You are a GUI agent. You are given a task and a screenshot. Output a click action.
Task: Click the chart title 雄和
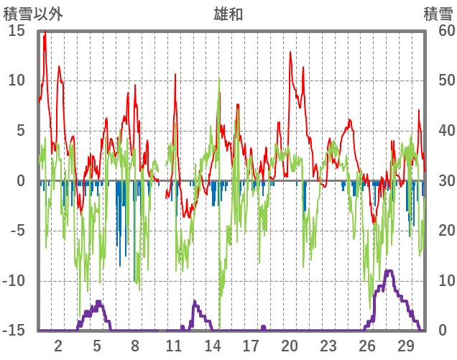(228, 12)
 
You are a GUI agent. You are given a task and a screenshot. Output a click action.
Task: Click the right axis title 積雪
(437, 12)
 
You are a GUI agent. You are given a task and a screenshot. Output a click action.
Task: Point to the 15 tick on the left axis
(17, 31)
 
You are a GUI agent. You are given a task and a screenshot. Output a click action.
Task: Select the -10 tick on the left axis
(14, 281)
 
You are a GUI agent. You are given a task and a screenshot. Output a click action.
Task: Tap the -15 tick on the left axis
(14, 331)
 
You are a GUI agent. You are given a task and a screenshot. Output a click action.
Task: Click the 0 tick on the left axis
(20, 181)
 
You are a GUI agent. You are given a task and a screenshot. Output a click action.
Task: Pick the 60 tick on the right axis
(437, 31)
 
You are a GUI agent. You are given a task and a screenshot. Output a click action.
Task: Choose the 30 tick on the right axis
(437, 181)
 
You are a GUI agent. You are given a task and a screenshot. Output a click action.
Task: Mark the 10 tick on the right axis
(437, 281)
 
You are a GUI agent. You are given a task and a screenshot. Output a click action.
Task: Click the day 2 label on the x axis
(58, 345)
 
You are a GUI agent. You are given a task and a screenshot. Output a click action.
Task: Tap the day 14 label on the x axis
(212, 345)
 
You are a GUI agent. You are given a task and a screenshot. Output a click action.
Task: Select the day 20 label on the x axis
(290, 345)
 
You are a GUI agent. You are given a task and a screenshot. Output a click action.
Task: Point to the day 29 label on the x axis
(405, 345)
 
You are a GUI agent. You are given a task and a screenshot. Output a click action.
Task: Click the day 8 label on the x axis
(135, 345)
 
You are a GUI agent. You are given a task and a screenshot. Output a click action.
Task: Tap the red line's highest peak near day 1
(45, 32)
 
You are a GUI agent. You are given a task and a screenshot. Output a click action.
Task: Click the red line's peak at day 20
(290, 52)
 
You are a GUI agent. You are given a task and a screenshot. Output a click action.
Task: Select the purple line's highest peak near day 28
(389, 271)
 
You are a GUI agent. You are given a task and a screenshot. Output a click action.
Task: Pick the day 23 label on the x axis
(328, 345)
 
